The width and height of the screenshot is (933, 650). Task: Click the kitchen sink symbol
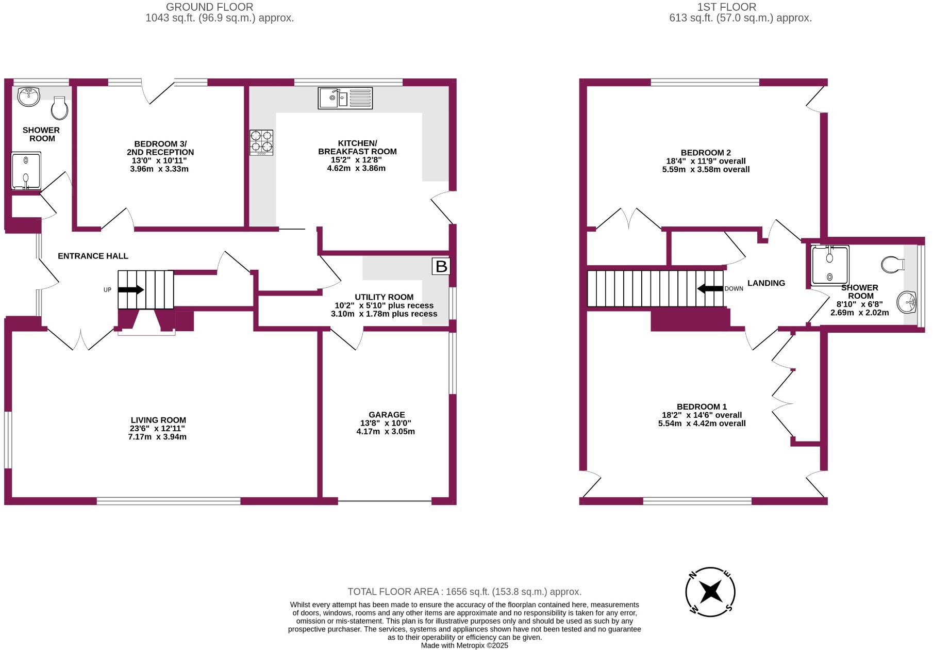345,98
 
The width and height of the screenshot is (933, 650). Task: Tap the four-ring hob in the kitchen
261,142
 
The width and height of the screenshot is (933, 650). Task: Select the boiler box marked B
441,266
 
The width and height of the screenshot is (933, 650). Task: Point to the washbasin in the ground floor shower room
29,96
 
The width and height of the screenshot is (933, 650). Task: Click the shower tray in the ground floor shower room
26,171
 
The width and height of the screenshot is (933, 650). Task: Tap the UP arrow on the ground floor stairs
131,290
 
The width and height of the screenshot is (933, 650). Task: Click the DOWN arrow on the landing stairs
710,289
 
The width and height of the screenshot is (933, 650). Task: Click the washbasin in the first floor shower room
907,302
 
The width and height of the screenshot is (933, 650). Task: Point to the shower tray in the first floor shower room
829,266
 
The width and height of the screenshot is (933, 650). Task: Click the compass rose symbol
710,592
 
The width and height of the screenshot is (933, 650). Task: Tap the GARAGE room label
387,415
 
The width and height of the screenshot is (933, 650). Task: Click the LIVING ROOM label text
158,420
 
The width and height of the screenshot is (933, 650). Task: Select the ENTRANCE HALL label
93,256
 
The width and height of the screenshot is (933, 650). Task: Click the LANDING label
766,283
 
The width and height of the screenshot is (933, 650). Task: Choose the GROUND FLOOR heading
209,7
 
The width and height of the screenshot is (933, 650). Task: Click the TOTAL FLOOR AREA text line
464,592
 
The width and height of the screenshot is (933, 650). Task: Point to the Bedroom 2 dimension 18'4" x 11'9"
706,161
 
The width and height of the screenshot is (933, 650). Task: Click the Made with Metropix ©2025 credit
464,645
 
